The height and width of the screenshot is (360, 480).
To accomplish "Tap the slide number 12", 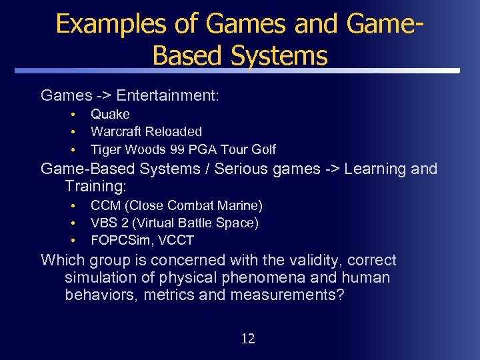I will pyautogui.click(x=247, y=339).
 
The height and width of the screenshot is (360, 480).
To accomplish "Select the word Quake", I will pyautogui.click(x=110, y=115).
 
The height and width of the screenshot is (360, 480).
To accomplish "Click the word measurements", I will pyautogui.click(x=287, y=295).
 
